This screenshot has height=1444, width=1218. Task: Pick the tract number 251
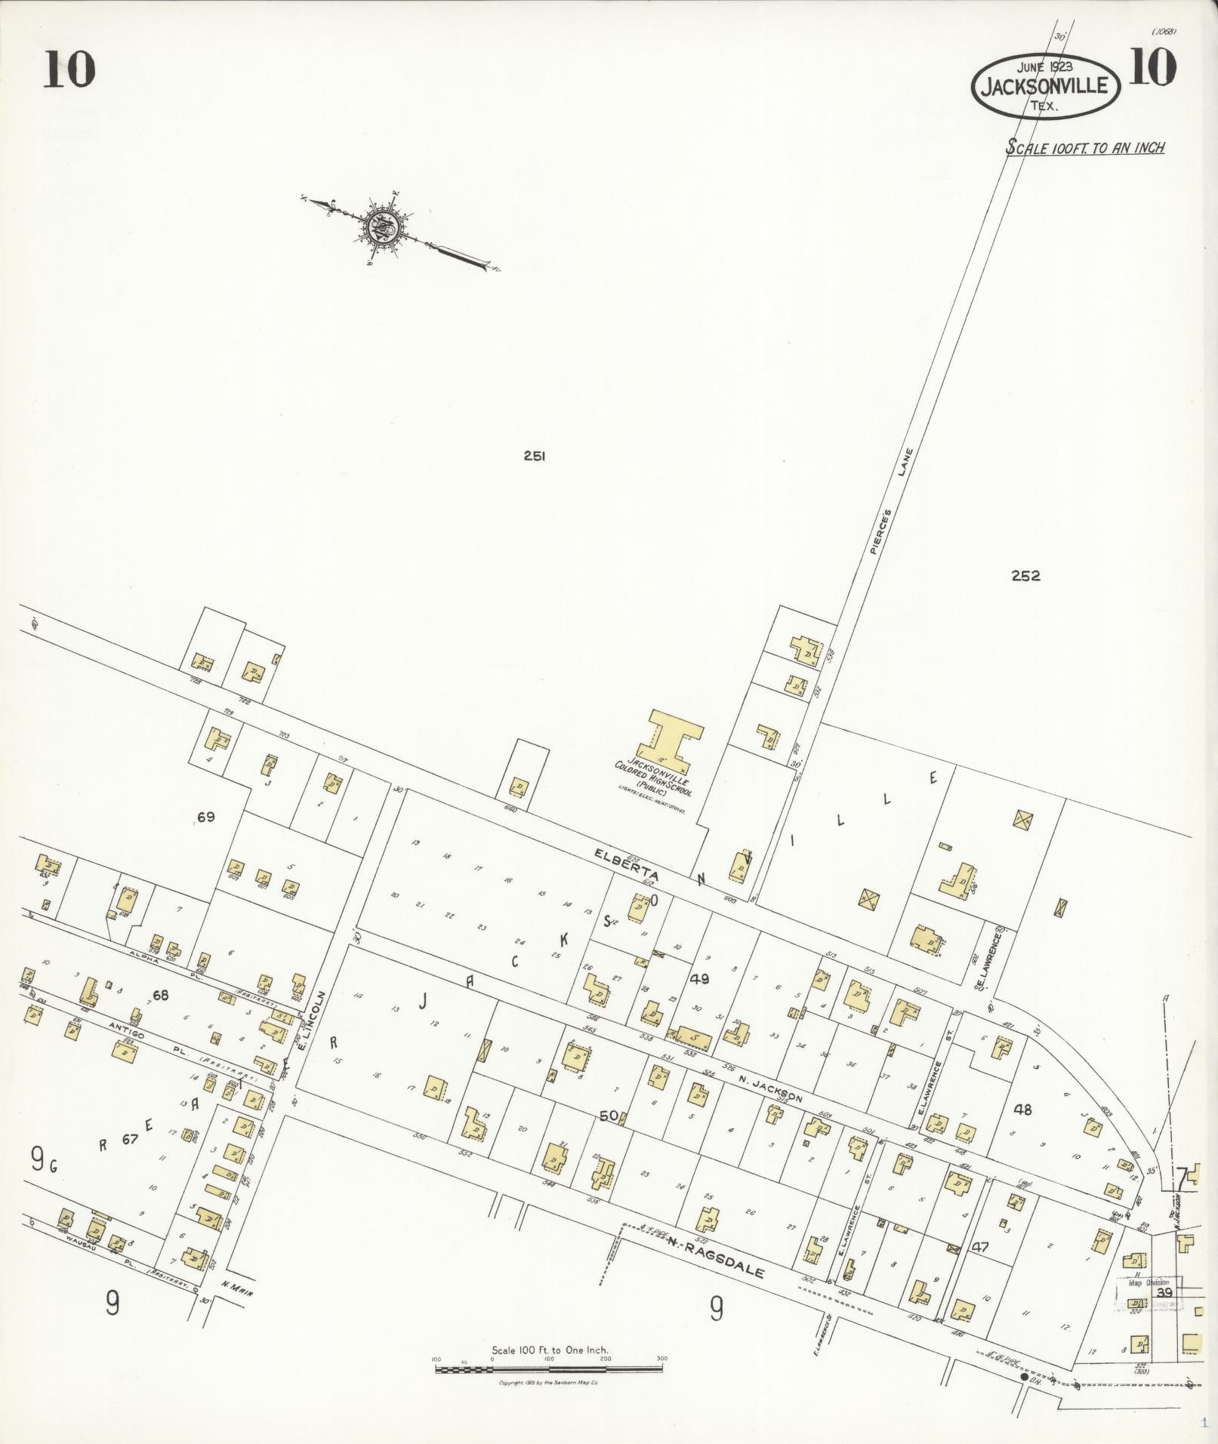[x=534, y=455]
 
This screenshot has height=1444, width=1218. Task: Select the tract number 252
[x=1025, y=576]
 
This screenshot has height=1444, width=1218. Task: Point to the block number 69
[x=206, y=816]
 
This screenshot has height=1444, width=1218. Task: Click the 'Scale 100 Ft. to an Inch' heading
[x=1084, y=147]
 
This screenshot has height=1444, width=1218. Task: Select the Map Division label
[x=1149, y=1282]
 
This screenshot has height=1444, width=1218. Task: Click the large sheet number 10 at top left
[x=69, y=71]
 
